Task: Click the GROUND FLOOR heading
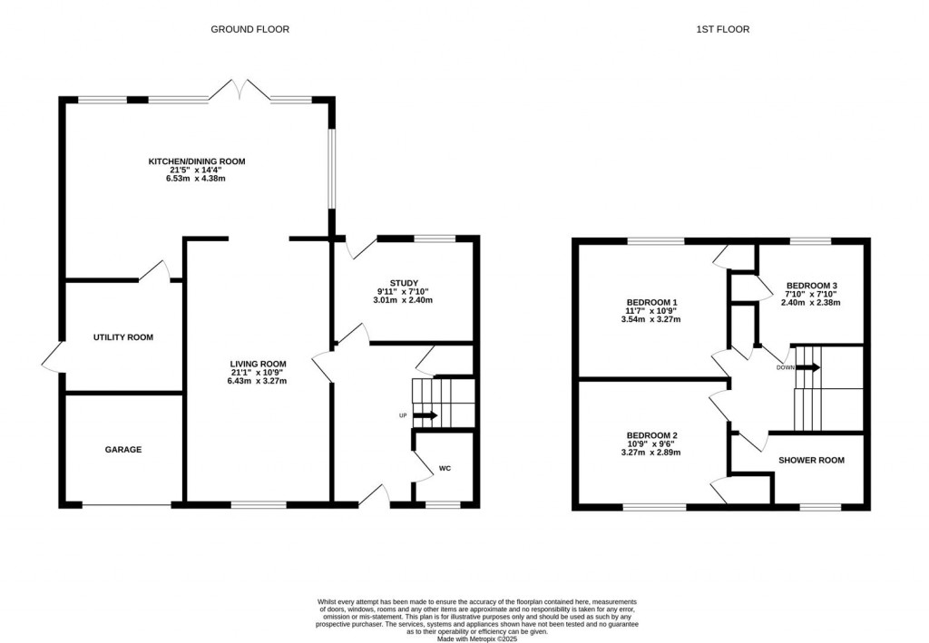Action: pos(249,29)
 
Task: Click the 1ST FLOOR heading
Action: pos(722,29)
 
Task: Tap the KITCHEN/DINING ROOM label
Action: pos(197,161)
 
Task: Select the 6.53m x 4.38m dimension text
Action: pos(197,179)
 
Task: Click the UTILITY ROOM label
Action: pos(123,337)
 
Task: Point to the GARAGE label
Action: pos(123,449)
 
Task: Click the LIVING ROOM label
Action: pos(259,363)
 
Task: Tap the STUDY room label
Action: pos(404,284)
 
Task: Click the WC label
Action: pos(445,468)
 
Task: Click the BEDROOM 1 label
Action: pos(651,302)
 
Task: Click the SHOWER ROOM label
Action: pos(811,460)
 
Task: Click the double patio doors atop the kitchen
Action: pos(240,91)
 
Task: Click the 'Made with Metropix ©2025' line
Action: pos(476,638)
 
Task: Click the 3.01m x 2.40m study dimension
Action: pos(404,300)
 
